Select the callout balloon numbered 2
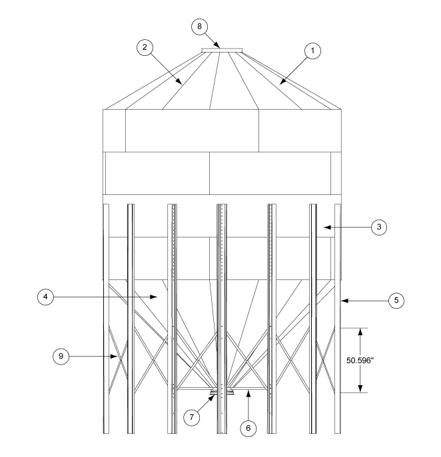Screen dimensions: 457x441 [144, 48]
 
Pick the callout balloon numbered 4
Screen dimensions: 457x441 [46, 297]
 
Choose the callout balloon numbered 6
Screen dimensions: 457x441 [248, 428]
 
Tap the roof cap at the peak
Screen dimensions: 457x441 [221, 49]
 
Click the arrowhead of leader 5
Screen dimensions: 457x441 [342, 301]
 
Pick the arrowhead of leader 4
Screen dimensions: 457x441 [158, 297]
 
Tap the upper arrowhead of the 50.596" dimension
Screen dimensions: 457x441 [360, 329]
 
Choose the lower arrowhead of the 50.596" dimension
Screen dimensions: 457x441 [360, 390]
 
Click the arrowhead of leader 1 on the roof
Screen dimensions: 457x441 [280, 86]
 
